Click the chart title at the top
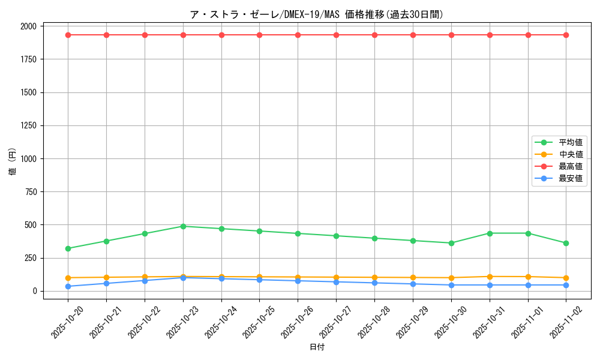click(317, 14)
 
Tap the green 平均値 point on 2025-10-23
click(183, 226)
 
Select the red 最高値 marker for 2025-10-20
click(68, 35)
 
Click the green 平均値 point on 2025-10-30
click(451, 243)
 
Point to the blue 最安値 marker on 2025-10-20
click(68, 286)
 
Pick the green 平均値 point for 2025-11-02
click(566, 243)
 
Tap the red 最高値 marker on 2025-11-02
click(566, 35)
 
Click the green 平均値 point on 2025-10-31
click(490, 233)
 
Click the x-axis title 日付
click(317, 347)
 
